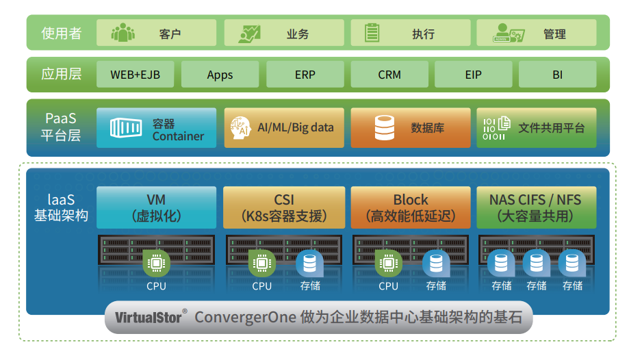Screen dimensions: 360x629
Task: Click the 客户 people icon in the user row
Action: (x=123, y=33)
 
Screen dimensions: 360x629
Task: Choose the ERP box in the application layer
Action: (x=305, y=75)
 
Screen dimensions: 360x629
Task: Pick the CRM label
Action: (x=389, y=75)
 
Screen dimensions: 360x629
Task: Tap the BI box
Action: (x=557, y=75)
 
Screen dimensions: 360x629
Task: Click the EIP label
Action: (x=473, y=75)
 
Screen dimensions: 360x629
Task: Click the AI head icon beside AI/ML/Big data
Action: (x=240, y=128)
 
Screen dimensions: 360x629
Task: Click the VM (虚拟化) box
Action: (x=156, y=207)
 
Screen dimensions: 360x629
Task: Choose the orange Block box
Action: (x=411, y=207)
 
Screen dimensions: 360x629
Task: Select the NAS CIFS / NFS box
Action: (x=535, y=207)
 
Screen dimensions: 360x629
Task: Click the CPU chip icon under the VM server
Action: (x=156, y=263)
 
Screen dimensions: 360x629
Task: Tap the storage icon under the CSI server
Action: (x=310, y=263)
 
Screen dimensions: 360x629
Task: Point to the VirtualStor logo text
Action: (x=149, y=318)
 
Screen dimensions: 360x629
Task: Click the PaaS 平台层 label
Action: (x=61, y=127)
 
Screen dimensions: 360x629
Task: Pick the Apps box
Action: (x=220, y=75)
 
